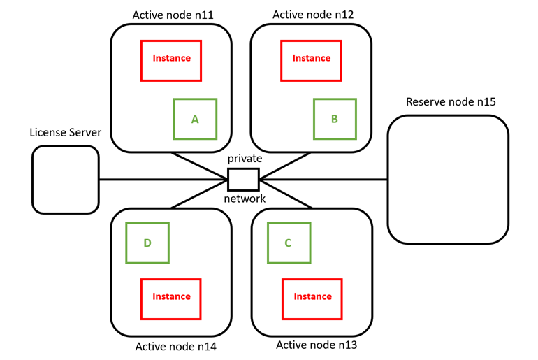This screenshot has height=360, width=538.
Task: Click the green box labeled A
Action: point(195,120)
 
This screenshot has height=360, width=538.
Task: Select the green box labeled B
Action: point(335,120)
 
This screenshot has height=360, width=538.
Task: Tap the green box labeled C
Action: point(288,243)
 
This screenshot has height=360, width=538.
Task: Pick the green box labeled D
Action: point(147,243)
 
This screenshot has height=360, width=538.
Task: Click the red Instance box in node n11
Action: point(171,59)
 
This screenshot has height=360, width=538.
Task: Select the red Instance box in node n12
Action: point(312,59)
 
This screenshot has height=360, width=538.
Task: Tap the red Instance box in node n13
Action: point(312,297)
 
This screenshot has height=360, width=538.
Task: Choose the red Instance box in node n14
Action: point(171,297)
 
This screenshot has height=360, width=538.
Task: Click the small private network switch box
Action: point(244,180)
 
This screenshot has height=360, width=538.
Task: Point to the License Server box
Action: point(65,180)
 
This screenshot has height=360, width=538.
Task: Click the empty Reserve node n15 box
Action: point(448,180)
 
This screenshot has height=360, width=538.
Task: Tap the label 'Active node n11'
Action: point(173,14)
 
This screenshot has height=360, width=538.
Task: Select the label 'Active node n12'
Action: point(313,14)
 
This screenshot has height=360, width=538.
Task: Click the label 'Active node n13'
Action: point(317,345)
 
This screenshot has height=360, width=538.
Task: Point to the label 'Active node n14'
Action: point(175,346)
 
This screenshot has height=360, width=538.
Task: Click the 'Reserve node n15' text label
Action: point(451,102)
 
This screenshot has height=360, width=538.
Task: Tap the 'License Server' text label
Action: point(65,132)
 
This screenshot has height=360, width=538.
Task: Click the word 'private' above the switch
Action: point(245,159)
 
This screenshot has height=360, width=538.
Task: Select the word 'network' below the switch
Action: point(245,199)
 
